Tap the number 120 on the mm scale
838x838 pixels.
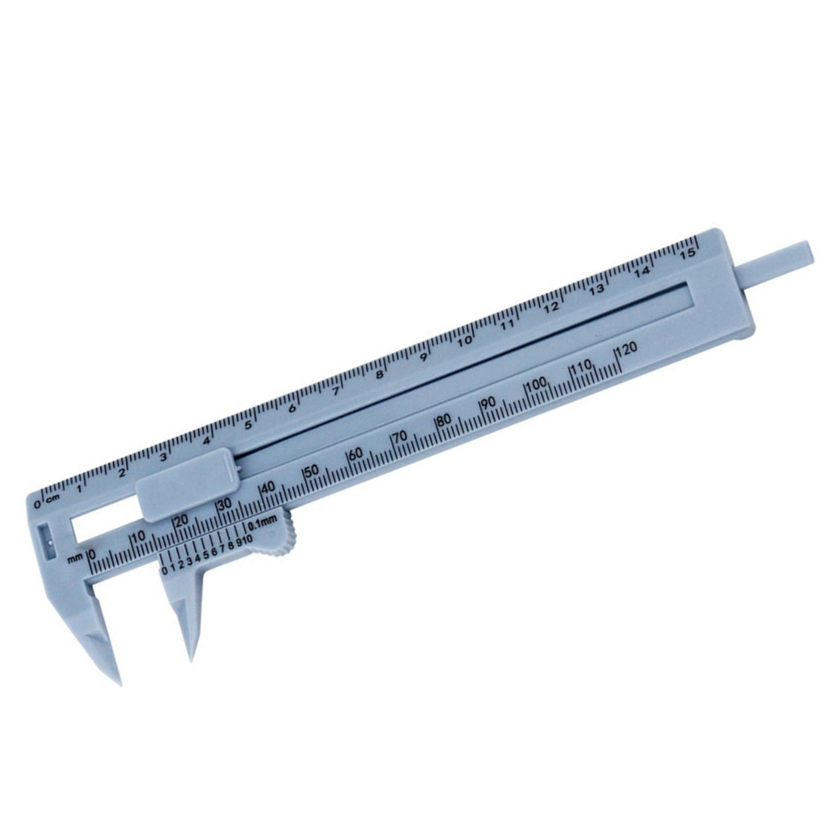click(x=627, y=349)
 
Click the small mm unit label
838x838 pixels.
click(x=75, y=559)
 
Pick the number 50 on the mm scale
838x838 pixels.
click(x=312, y=470)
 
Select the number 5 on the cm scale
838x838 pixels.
click(x=249, y=425)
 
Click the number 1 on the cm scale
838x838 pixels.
click(x=79, y=489)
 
